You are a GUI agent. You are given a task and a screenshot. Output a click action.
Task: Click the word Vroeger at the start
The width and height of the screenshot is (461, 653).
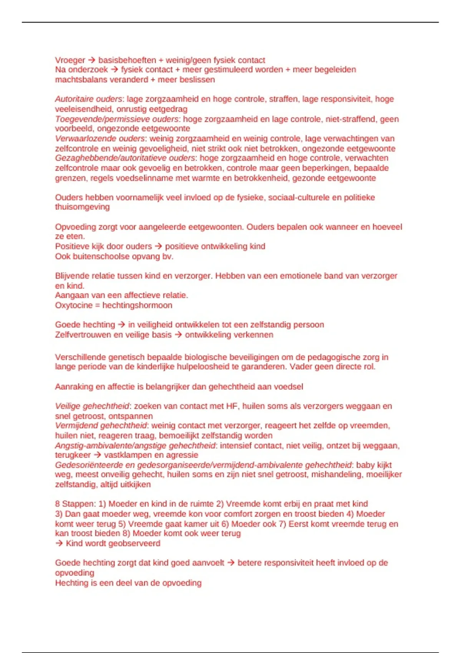click(70, 60)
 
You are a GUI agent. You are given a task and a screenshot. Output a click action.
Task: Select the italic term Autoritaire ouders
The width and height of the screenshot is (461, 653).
click(88, 99)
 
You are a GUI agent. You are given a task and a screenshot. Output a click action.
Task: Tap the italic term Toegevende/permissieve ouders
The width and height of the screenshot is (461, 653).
click(117, 119)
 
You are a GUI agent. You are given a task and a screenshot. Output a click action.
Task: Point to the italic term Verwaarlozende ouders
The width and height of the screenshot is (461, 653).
click(100, 138)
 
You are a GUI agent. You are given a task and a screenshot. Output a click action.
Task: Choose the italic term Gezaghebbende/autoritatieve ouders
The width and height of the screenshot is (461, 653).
click(125, 158)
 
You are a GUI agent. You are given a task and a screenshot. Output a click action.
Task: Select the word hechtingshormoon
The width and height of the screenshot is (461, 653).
click(137, 305)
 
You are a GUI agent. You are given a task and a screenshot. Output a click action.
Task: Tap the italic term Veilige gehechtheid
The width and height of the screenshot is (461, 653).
click(92, 406)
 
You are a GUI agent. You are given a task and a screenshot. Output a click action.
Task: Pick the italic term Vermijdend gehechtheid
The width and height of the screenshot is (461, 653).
click(101, 426)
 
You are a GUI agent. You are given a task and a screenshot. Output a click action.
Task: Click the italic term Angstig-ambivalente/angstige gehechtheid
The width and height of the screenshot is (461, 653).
click(135, 446)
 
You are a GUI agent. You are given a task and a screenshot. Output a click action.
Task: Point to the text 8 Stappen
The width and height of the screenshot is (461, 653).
click(75, 504)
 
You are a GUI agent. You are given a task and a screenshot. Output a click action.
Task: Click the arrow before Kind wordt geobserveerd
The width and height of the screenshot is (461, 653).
click(59, 544)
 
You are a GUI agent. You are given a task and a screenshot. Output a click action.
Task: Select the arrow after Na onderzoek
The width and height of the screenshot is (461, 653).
click(114, 70)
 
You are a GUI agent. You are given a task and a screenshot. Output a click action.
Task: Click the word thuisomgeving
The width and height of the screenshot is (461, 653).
click(82, 207)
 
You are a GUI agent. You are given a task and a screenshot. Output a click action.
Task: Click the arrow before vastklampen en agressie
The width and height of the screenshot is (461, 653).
click(97, 455)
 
